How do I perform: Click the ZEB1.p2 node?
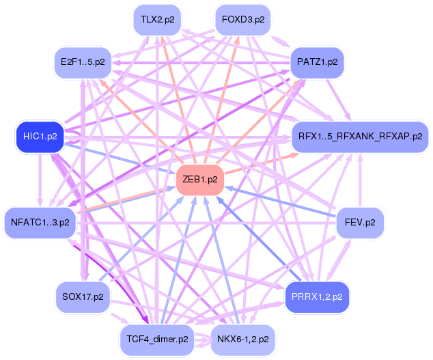[x=200, y=180]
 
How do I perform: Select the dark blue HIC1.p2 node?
[x=40, y=137]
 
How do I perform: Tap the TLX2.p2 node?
[x=158, y=20]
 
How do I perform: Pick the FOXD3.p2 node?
[x=243, y=20]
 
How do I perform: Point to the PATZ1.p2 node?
[x=318, y=62]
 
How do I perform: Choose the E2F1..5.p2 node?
[x=83, y=62]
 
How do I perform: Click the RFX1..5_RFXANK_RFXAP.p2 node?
[x=360, y=137]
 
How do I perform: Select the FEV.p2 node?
[x=361, y=223]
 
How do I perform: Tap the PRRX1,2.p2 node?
[x=318, y=296]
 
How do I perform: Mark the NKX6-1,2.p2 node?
[x=242, y=338]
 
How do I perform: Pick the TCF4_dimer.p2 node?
[x=158, y=338]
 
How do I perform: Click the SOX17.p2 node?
[x=83, y=296]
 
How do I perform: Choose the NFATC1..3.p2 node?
[x=40, y=223]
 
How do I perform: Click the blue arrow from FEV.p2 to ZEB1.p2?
[x=287, y=204]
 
